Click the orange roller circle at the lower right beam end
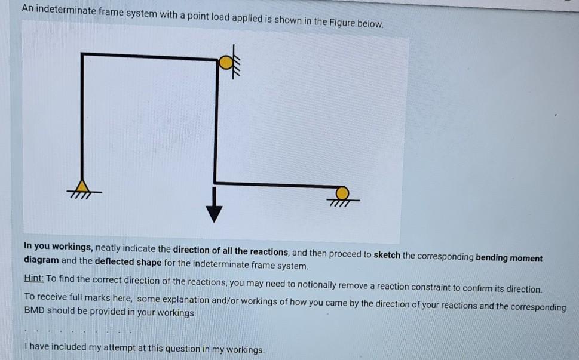click(x=342, y=193)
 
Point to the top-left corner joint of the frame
click(x=82, y=55)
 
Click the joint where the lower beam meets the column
click(x=216, y=182)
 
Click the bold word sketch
click(x=387, y=255)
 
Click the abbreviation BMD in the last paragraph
click(x=34, y=311)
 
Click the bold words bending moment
click(x=508, y=258)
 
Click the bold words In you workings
click(x=58, y=245)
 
